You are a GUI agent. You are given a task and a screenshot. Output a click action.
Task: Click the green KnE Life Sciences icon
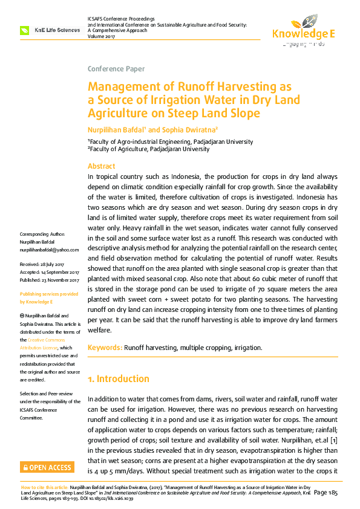(x=25, y=30)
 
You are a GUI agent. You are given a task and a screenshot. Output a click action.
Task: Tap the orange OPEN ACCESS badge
(x=47, y=467)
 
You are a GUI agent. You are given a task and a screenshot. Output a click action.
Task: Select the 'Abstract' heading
(x=102, y=166)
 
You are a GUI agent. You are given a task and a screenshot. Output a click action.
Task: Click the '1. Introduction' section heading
(x=119, y=379)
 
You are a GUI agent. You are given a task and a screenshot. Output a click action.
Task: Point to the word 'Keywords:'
(x=105, y=348)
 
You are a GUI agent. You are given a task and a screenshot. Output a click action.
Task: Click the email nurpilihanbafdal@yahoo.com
(x=50, y=250)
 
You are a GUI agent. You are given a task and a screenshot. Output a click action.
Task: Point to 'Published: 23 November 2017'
(x=50, y=280)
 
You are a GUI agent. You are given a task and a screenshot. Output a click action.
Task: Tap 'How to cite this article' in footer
(x=44, y=487)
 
